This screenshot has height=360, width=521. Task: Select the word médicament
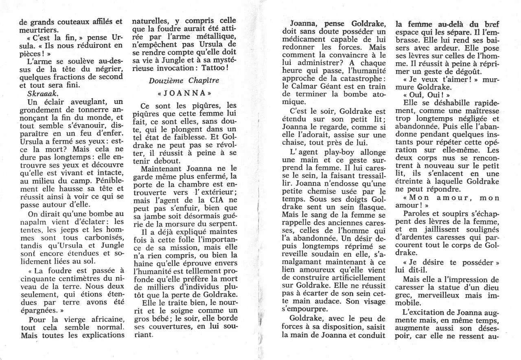point(306,39)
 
